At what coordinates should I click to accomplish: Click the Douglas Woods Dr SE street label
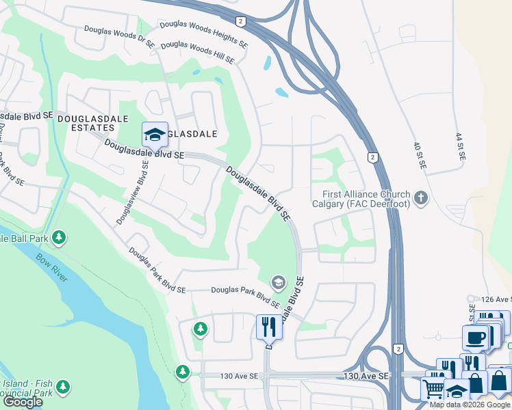tap(120, 36)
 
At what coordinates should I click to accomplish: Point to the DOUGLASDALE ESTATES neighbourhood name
tap(86, 123)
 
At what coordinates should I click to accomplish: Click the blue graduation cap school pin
tap(155, 134)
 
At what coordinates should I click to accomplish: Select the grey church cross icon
tap(420, 199)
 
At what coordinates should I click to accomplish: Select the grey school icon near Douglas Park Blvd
tap(278, 282)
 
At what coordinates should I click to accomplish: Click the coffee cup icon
tap(475, 337)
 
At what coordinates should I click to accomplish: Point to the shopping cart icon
tap(433, 389)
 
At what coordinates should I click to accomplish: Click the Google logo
tap(23, 402)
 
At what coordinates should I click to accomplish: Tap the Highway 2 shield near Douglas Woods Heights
tap(240, 21)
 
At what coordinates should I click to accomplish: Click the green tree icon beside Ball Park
tap(60, 237)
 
